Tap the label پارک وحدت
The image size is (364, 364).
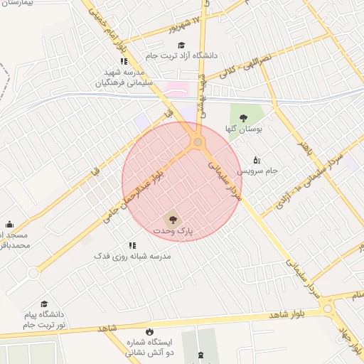click(173, 232)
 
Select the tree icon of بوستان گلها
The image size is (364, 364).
click(244, 119)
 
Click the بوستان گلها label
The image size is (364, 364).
click(244, 130)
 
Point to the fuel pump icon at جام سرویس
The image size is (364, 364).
click(257, 160)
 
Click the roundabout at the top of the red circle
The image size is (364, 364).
click(198, 142)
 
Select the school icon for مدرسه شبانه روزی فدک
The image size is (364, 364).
click(132, 245)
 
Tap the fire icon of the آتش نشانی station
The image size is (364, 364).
click(149, 332)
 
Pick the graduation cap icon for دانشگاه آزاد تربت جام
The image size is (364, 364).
click(181, 44)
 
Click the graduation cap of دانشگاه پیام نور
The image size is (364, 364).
click(44, 304)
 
